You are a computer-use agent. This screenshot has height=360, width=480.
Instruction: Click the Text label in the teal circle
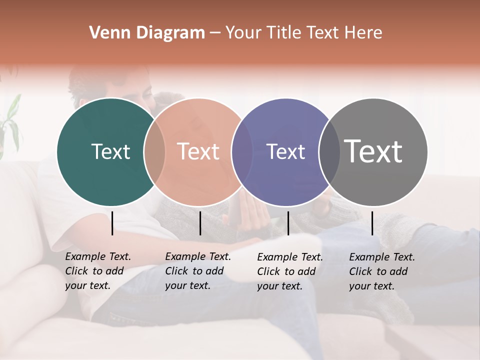click(x=111, y=151)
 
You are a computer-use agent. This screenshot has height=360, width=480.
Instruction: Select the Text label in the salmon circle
click(x=198, y=151)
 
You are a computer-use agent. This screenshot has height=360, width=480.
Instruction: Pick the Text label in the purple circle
click(x=286, y=151)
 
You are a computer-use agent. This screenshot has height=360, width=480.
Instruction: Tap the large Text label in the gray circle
click(x=373, y=151)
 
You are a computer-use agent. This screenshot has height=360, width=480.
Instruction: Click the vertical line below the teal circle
click(x=112, y=223)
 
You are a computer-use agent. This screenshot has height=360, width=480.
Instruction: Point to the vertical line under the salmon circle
click(x=200, y=223)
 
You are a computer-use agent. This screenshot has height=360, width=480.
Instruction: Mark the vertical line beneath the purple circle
click(x=288, y=223)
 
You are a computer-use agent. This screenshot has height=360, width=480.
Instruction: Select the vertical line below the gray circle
click(x=372, y=223)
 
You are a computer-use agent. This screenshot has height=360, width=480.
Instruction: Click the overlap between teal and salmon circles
click(x=154, y=151)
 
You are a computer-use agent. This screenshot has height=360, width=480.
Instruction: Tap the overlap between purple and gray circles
click(x=329, y=151)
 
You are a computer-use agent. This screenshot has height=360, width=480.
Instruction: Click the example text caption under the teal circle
click(x=97, y=271)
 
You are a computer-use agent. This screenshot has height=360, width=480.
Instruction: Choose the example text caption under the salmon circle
click(x=197, y=271)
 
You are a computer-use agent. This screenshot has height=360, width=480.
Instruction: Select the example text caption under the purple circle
click(x=289, y=271)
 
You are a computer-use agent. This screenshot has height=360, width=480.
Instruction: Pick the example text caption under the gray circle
click(x=381, y=271)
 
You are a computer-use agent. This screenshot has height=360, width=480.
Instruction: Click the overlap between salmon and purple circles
click(x=242, y=151)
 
